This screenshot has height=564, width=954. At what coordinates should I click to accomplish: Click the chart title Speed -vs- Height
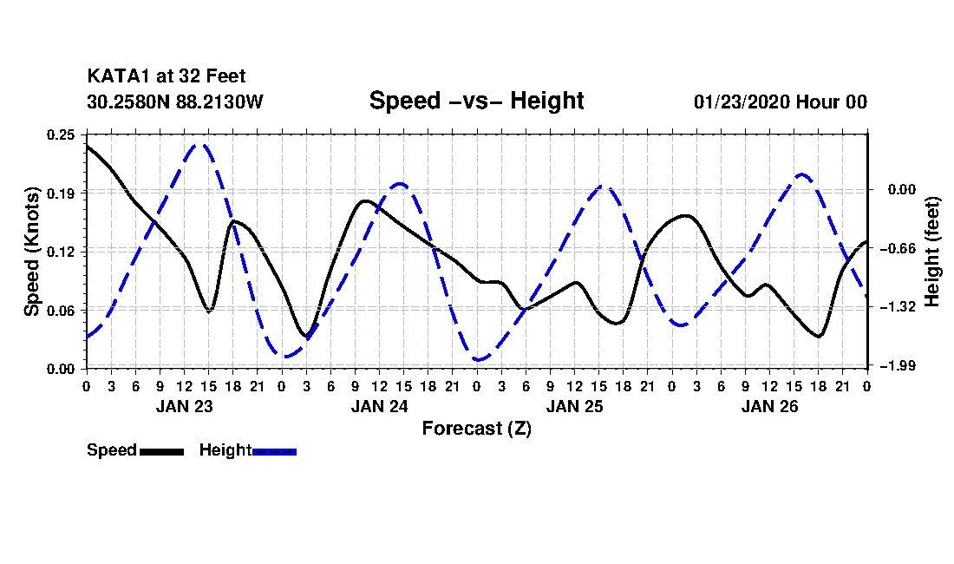476,101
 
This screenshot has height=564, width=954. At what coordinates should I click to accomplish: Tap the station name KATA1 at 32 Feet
167,76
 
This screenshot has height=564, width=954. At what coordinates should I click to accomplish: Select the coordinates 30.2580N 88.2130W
175,102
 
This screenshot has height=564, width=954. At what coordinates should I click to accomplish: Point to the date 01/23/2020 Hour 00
781,102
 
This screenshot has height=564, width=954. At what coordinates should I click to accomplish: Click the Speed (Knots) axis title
31,252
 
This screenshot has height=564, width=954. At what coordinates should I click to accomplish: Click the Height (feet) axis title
932,252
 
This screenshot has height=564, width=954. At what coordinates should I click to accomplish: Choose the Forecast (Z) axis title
477,429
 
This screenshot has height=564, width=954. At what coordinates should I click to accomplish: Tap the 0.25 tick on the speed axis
61,134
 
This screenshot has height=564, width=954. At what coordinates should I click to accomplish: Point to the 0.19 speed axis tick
61,193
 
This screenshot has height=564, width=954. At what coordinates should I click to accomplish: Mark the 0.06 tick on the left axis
61,311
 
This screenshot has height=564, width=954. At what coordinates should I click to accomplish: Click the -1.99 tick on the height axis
901,365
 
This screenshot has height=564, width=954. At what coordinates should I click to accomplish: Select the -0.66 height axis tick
901,248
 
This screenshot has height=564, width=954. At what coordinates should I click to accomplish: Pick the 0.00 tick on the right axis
903,190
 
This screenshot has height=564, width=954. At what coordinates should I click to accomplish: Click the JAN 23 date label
185,406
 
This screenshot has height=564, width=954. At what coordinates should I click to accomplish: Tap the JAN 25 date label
574,406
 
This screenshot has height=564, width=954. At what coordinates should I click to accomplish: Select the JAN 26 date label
769,406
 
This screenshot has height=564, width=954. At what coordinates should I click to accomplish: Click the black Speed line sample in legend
161,451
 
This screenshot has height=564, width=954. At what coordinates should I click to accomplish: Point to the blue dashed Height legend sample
274,451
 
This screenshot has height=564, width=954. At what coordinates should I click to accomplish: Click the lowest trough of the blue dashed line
478,359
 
